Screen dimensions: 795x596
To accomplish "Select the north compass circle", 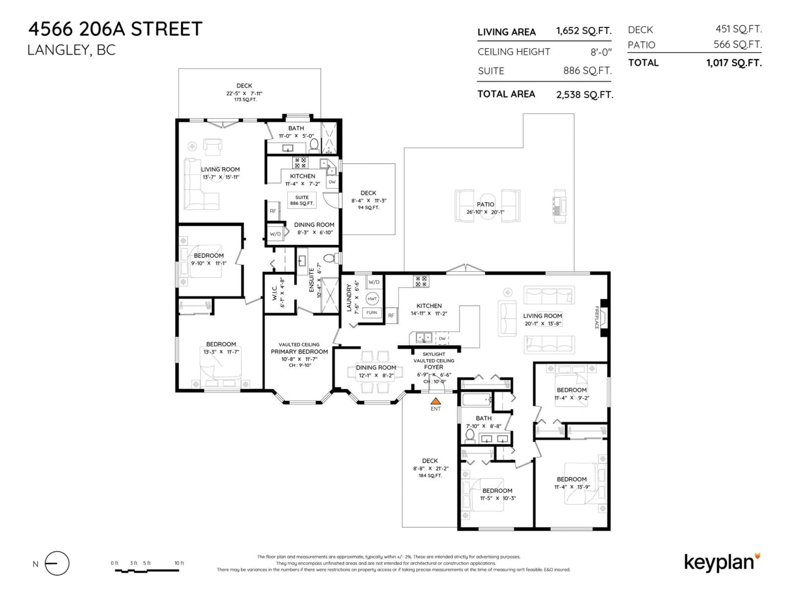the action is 57,563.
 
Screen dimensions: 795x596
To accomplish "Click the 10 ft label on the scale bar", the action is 179,563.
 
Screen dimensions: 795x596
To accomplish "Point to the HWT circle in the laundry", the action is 372,299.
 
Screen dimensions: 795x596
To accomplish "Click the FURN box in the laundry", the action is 372,312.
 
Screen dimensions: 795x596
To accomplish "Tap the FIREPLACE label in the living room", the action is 597,318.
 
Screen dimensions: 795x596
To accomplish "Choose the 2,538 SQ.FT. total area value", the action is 585,95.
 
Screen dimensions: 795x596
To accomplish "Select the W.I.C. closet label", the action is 274,293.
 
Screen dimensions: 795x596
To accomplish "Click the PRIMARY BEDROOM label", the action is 299,352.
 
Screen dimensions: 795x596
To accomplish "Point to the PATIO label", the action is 485,204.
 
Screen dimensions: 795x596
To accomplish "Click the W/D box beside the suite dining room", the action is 275,234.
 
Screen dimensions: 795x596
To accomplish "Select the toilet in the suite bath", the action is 314,145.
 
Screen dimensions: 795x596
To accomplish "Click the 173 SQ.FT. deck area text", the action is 246,100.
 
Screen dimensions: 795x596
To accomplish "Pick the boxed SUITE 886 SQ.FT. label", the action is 302,200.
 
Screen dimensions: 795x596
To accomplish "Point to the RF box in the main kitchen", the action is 391,315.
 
